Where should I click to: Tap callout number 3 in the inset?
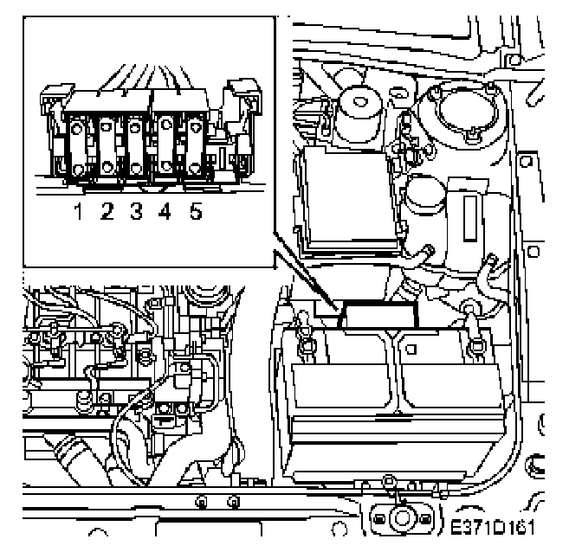coord(137,210)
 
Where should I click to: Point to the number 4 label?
coord(165,210)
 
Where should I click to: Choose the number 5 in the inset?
coord(194,210)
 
